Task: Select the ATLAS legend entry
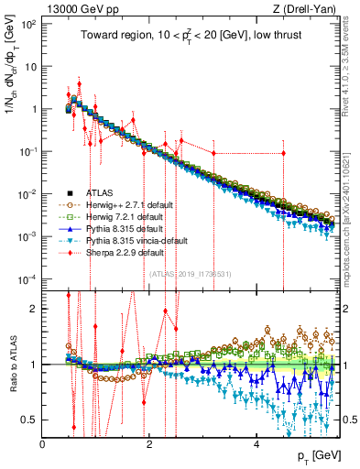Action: [101, 193]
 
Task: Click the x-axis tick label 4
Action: [256, 444]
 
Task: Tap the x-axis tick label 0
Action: [43, 444]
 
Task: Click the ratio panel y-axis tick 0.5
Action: [31, 420]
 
